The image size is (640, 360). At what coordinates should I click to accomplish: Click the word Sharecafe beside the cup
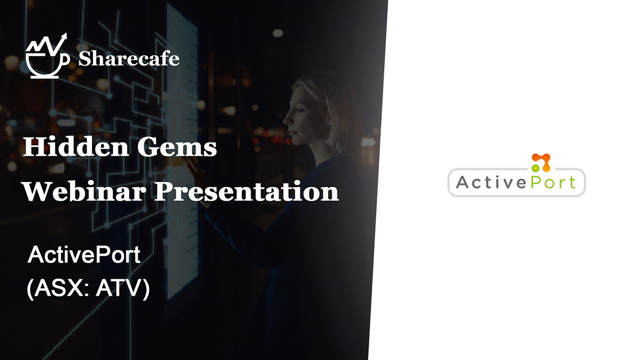(128, 59)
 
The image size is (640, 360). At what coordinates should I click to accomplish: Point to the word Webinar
(84, 191)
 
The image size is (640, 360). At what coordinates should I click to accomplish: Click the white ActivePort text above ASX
(84, 255)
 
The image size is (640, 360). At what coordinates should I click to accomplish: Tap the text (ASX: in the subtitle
(58, 289)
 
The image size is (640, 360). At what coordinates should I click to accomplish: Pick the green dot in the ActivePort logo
(535, 168)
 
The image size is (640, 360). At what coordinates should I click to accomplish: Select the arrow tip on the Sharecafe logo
(64, 36)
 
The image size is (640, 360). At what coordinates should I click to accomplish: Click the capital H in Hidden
(32, 146)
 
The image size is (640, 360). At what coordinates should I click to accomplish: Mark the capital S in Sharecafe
(85, 59)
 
